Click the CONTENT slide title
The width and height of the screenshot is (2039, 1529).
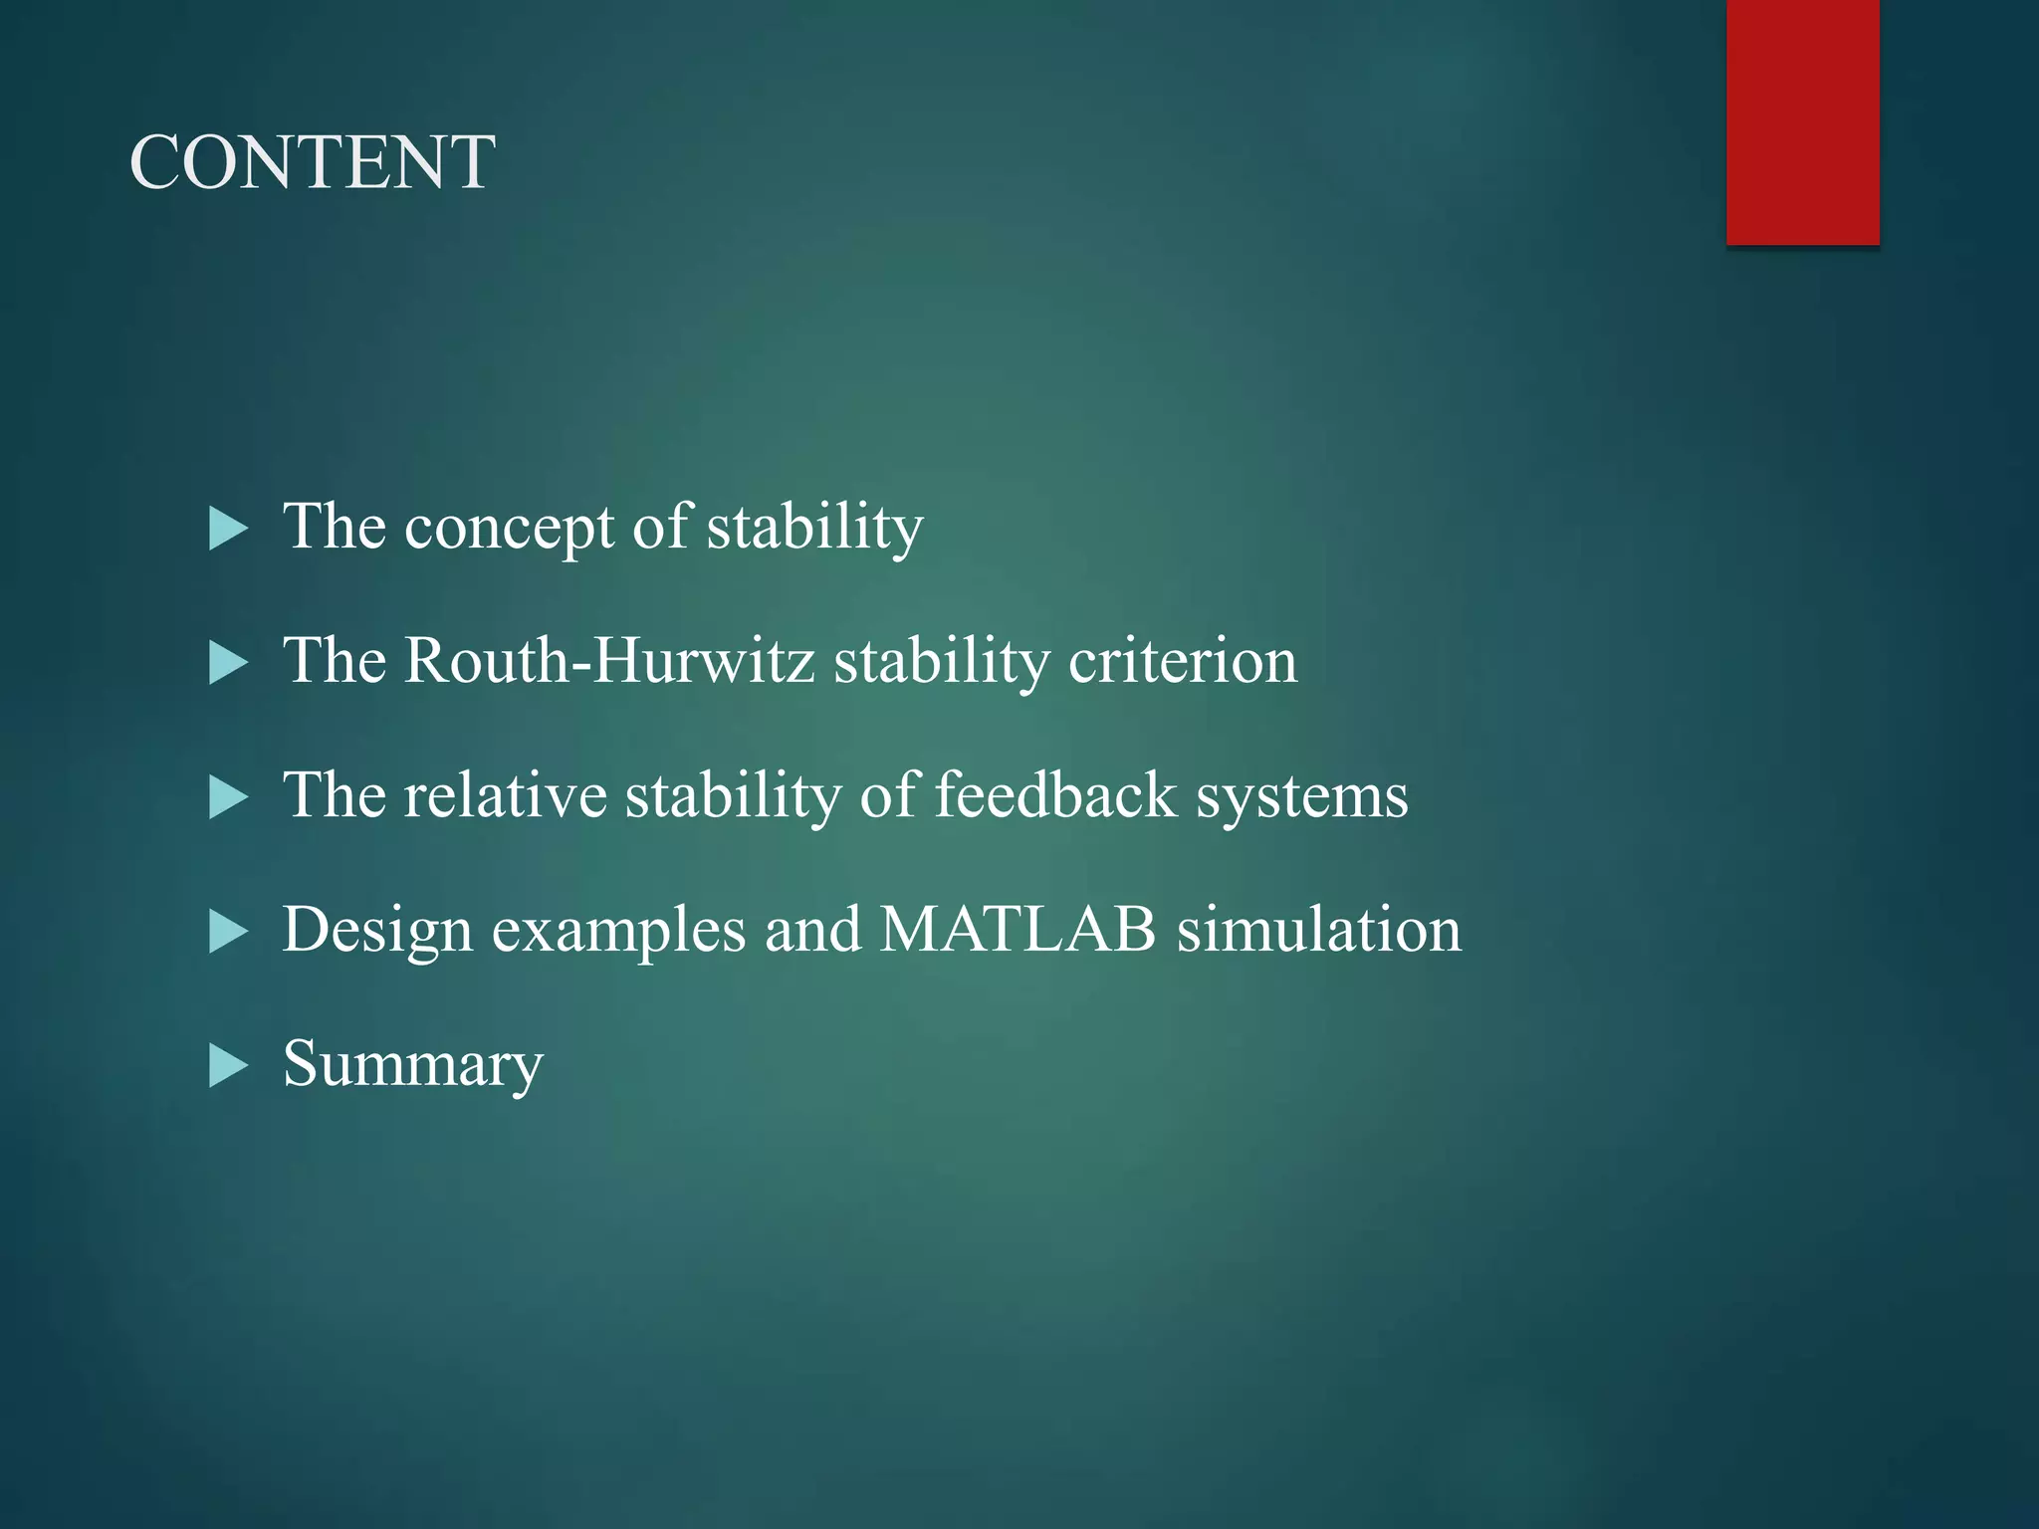312,162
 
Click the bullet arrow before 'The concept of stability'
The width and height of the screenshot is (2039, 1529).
228,529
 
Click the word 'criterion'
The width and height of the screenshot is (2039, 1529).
1183,660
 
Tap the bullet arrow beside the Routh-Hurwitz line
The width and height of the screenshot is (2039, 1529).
228,663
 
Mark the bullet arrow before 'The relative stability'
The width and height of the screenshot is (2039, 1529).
228,797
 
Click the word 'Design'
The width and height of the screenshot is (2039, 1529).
377,931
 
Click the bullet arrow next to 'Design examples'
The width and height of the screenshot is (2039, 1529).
228,932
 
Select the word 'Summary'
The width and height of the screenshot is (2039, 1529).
413,1065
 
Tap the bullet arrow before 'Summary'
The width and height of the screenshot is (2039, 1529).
228,1066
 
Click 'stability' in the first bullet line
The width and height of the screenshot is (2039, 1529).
814,528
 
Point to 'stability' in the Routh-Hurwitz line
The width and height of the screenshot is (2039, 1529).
941,662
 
